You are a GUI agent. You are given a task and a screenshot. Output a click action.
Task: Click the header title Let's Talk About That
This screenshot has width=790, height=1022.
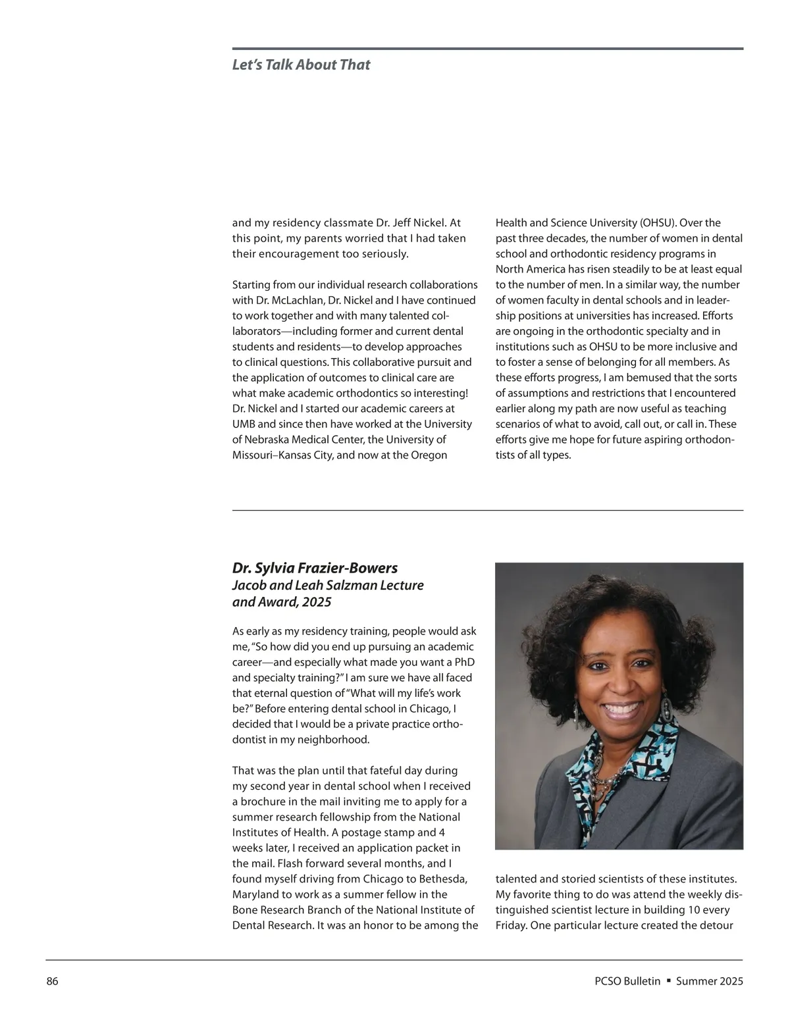pyautogui.click(x=301, y=64)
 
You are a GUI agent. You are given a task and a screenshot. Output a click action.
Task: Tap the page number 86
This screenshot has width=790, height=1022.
pyautogui.click(x=53, y=981)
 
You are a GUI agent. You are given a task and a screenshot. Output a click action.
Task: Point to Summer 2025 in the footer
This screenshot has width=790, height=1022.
pyautogui.click(x=709, y=981)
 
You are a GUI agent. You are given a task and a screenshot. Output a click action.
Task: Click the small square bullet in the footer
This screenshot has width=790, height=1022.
pyautogui.click(x=668, y=981)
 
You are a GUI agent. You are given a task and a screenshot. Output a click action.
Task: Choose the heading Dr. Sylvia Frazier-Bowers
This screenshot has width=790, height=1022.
pyautogui.click(x=315, y=568)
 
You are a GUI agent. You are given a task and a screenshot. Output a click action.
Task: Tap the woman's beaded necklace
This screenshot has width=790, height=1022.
pyautogui.click(x=602, y=763)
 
